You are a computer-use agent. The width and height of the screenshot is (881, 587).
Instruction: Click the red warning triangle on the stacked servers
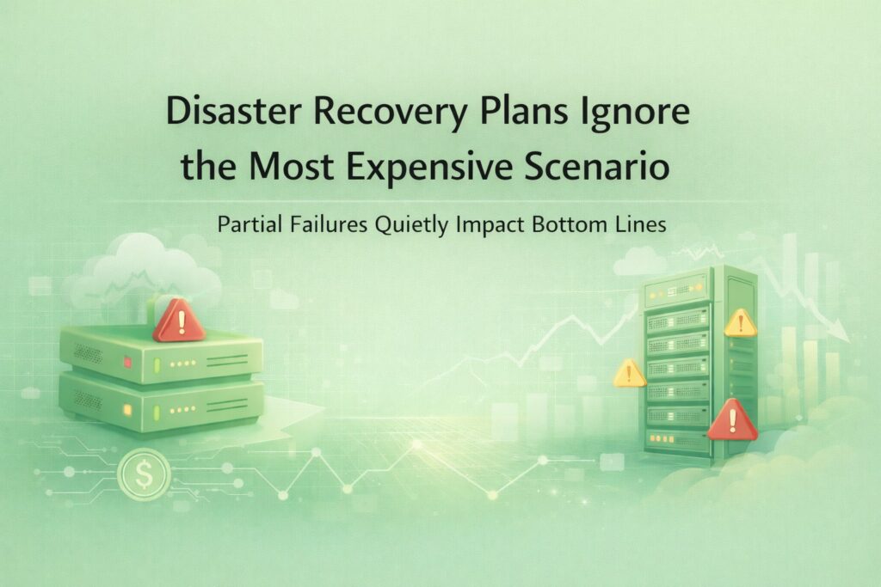coord(178,321)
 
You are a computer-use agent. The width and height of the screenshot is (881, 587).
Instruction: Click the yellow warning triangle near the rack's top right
coord(740,322)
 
